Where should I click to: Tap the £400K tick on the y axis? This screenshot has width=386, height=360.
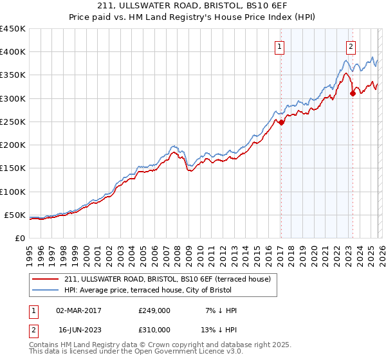[13, 52]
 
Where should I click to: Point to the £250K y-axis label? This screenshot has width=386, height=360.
[13, 122]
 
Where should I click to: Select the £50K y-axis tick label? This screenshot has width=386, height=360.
[15, 215]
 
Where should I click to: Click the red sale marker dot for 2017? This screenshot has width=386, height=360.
[281, 122]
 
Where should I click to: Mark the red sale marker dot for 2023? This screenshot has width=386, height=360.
[353, 94]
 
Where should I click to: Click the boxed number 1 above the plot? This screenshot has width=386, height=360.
[280, 46]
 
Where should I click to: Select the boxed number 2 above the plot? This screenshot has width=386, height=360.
[351, 46]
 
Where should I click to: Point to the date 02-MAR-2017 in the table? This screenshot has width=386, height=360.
[78, 310]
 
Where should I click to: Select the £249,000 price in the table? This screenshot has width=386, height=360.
[154, 310]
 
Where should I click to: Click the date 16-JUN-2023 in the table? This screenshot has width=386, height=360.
[78, 329]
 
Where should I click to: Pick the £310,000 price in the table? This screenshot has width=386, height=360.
[154, 329]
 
